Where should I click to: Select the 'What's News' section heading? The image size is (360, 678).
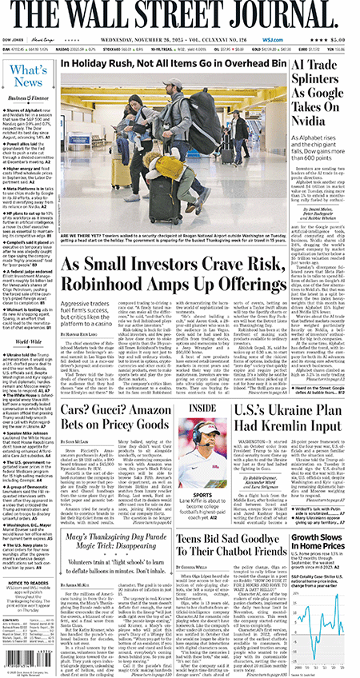(28, 77)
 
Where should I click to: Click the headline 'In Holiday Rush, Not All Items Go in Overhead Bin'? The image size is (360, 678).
(172, 62)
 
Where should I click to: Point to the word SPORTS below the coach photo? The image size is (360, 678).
(202, 472)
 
